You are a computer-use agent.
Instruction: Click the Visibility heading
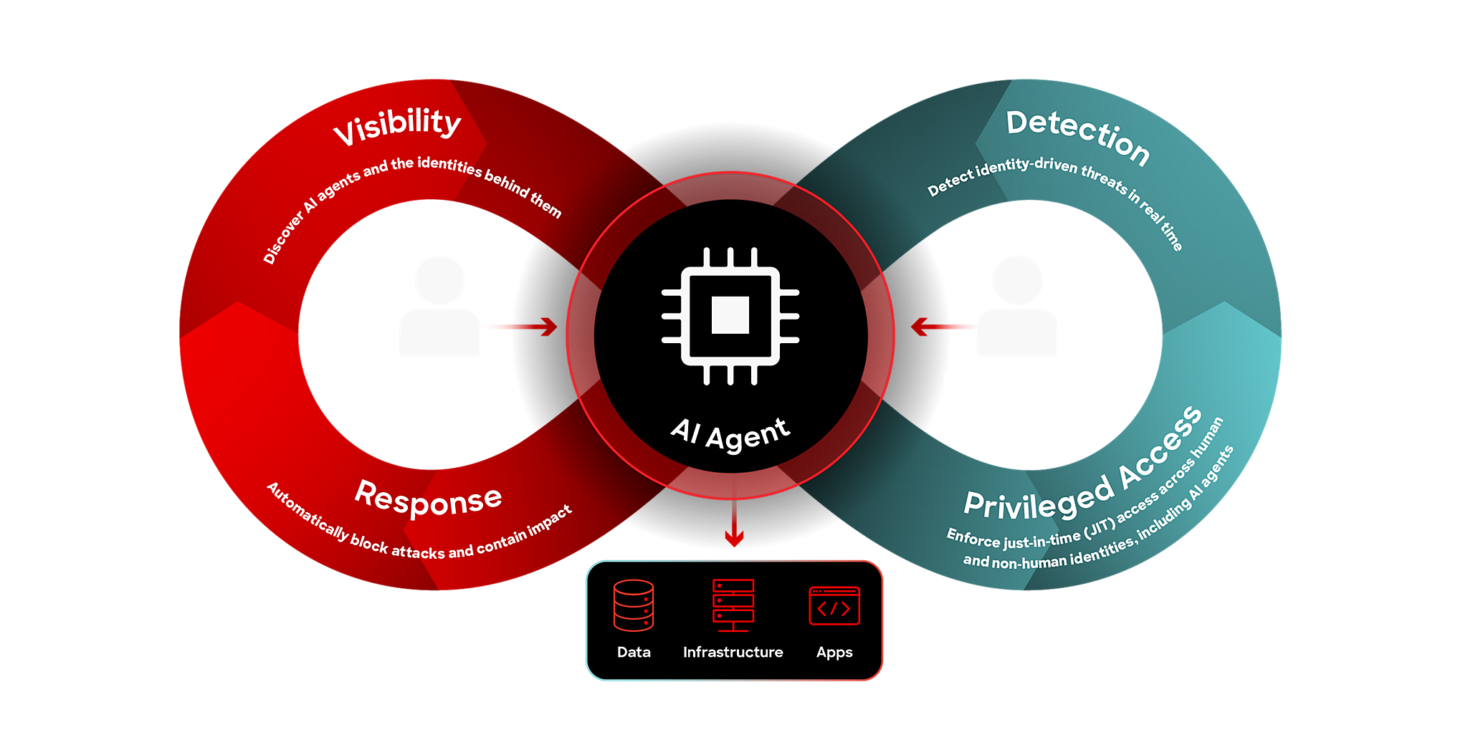397,125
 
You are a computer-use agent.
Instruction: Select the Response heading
429,499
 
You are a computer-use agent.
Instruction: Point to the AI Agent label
730,433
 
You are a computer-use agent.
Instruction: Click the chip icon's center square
730,315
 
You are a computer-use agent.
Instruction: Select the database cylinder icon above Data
634,605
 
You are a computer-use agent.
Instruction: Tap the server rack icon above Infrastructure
733,605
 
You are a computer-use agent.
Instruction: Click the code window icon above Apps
834,606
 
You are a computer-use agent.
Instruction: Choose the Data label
634,652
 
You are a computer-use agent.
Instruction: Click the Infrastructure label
733,652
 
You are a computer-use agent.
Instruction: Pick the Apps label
834,653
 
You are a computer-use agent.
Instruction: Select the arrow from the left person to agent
520,327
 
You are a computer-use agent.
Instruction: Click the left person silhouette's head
439,280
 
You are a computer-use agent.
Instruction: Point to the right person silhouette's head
1017,280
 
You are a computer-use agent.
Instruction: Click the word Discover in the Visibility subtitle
282,239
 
